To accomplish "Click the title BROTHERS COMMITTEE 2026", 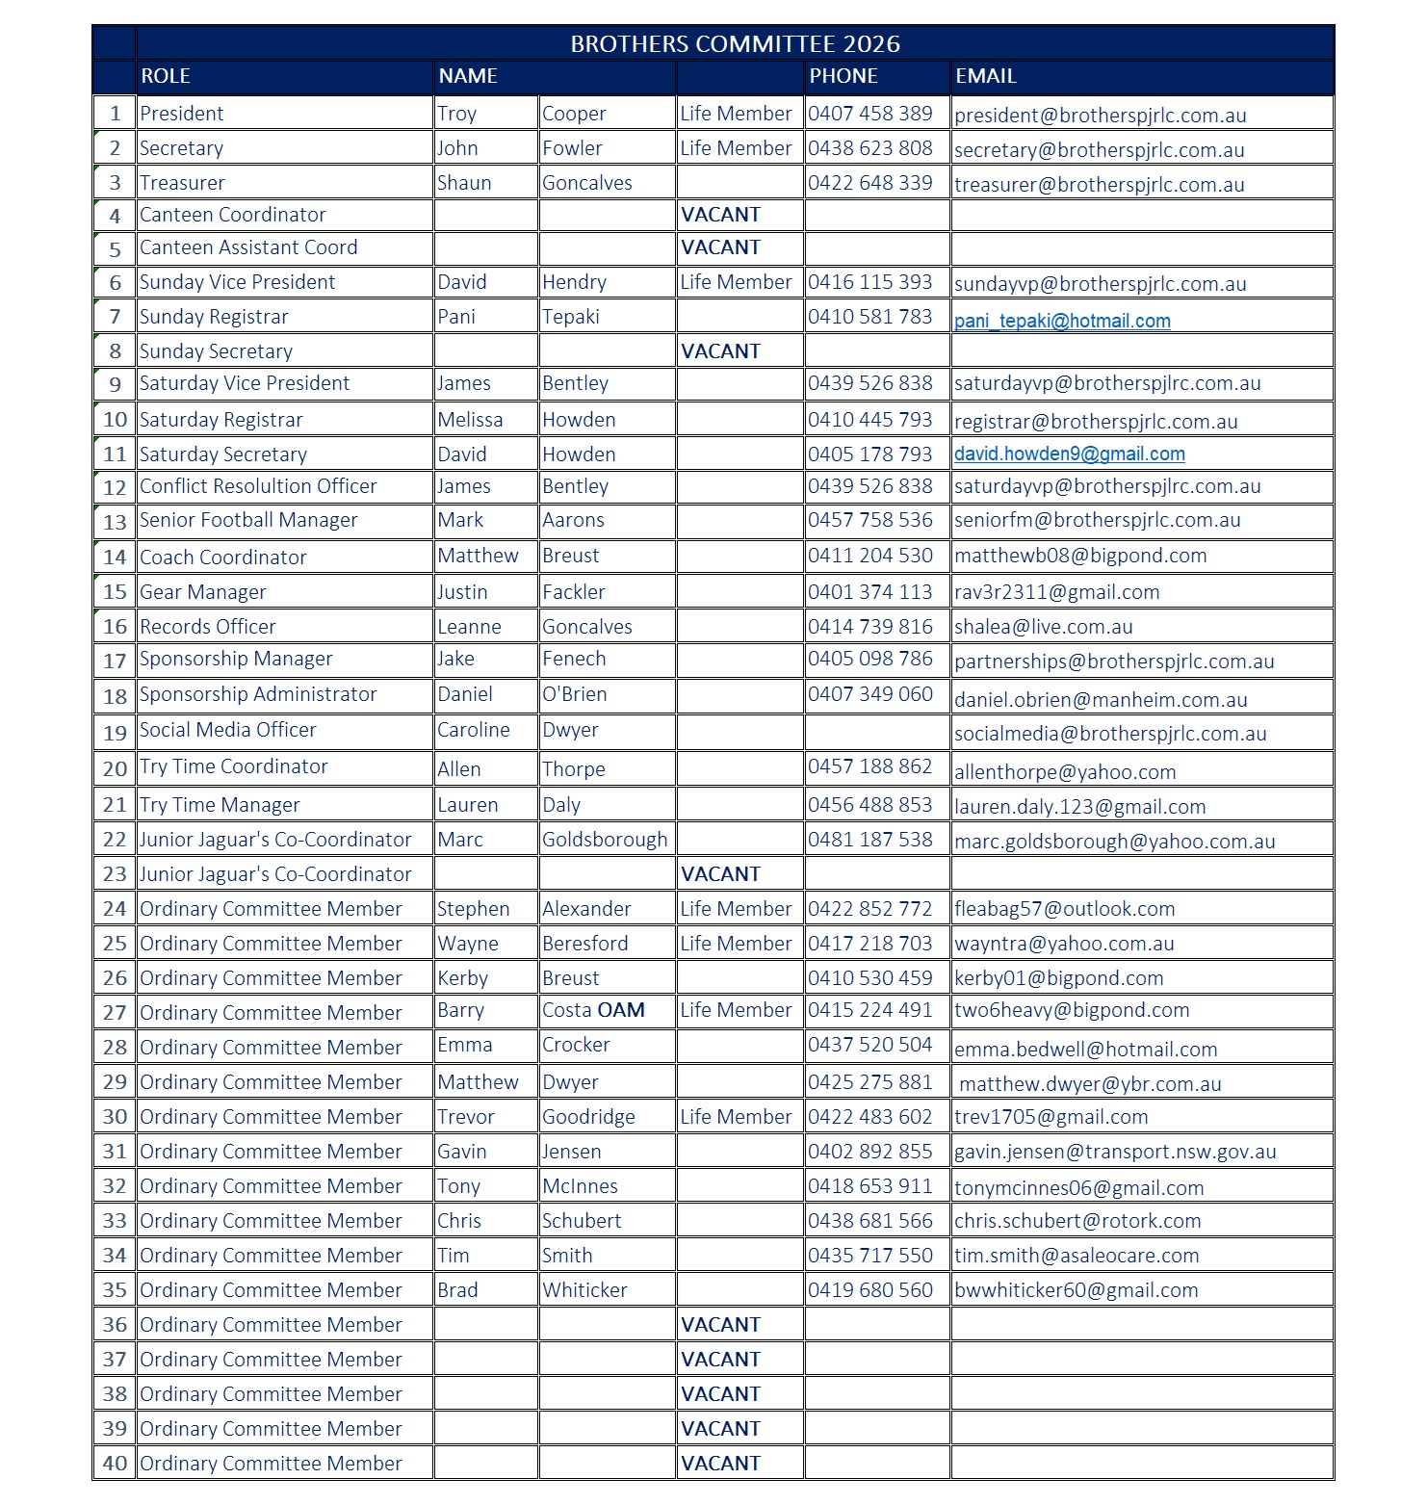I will (735, 44).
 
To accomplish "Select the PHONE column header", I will (843, 76).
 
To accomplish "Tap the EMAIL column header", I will (985, 76).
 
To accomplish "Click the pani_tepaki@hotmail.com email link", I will (1062, 322).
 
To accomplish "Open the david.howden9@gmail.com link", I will (1069, 454).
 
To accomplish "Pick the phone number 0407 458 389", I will (869, 114).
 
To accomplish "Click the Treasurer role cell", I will (182, 183).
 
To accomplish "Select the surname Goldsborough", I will (604, 840).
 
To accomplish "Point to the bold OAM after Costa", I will (621, 1010).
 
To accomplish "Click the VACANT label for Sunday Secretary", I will (720, 351).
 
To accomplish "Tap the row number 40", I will (115, 1464).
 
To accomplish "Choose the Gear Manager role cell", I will (202, 592).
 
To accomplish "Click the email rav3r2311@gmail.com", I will (1056, 592).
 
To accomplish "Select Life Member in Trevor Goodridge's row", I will (736, 1117).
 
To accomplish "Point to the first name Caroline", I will (473, 730).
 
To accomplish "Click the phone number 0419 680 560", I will (869, 1290).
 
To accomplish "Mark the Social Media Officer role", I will (227, 730).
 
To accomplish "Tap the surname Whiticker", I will (584, 1290).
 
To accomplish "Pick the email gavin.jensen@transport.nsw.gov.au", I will (1115, 1152).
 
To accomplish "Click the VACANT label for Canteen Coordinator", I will (720, 215).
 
